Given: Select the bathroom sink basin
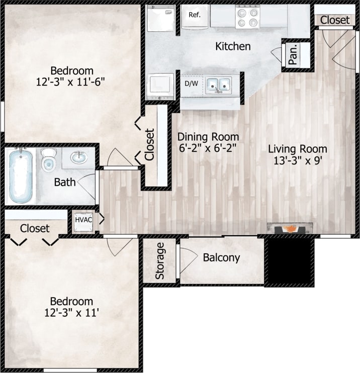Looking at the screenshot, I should click(78, 158).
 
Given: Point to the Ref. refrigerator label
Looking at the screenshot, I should click(195, 15).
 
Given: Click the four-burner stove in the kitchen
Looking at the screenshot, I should click(247, 17).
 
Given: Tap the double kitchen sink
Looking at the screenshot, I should click(218, 85).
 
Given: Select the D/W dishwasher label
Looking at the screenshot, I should click(191, 83).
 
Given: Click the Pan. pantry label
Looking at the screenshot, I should click(293, 54).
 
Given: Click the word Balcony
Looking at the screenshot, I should click(221, 258).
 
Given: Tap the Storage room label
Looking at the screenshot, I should click(159, 261).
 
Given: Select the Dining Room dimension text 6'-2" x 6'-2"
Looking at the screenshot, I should click(208, 148).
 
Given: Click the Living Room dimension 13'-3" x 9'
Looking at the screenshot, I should click(297, 161).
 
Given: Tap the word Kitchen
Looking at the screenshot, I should click(233, 47).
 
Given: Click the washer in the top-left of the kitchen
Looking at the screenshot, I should click(160, 19).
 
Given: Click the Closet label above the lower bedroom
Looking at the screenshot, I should click(35, 228).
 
